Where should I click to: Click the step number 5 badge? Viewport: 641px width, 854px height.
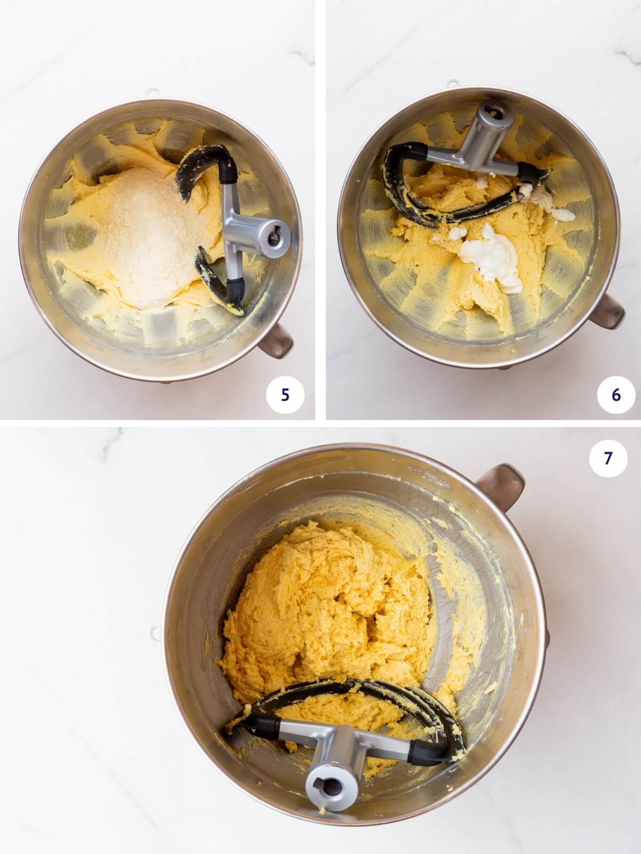[x=285, y=395]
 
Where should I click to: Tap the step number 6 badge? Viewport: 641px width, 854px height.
[x=616, y=395]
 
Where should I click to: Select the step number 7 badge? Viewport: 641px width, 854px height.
[x=608, y=458]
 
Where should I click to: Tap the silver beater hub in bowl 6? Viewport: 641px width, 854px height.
[x=495, y=115]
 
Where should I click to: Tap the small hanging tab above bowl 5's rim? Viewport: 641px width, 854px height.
[x=153, y=93]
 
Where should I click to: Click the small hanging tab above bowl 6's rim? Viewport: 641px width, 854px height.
[x=452, y=84]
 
